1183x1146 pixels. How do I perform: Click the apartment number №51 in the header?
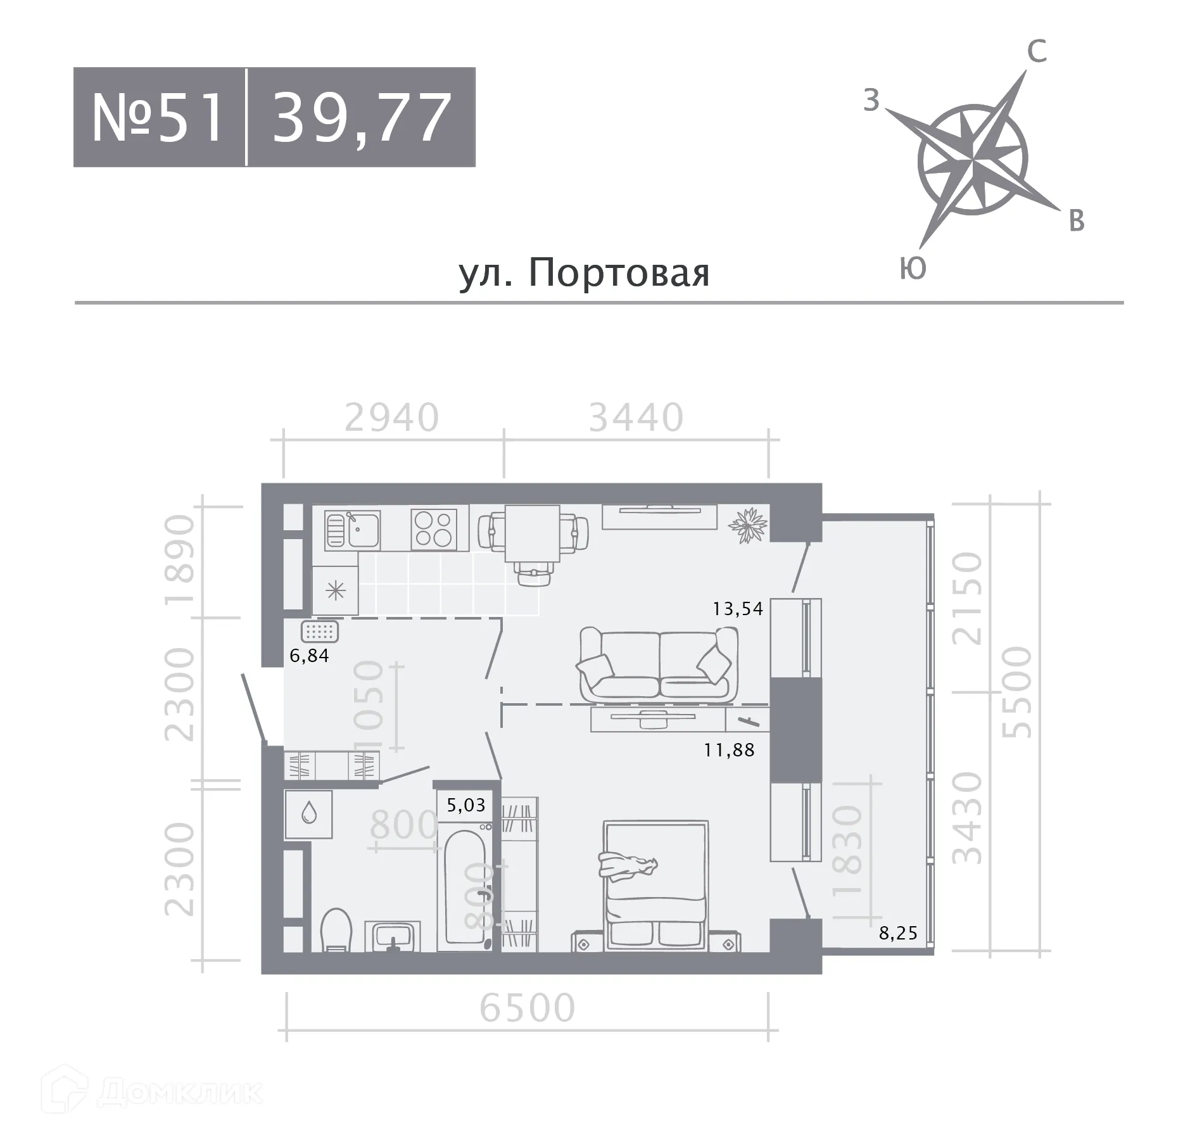(x=158, y=118)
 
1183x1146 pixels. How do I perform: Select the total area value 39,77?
(x=361, y=118)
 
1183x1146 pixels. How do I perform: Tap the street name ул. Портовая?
(x=584, y=274)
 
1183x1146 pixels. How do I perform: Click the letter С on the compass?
(x=1036, y=52)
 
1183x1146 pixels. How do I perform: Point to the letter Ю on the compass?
(x=913, y=269)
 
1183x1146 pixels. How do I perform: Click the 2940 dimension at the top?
(x=392, y=418)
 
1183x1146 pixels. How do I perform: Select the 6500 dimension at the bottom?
(x=528, y=1008)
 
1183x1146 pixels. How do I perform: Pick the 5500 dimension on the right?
(x=1018, y=692)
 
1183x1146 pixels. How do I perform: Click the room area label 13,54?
(x=738, y=609)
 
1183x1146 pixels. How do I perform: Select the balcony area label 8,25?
(x=898, y=933)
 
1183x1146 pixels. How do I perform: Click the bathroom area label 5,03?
(x=466, y=805)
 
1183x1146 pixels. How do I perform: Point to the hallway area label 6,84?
(x=309, y=656)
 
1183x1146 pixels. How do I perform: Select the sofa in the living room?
(x=659, y=665)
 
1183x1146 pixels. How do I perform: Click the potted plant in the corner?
(x=748, y=525)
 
